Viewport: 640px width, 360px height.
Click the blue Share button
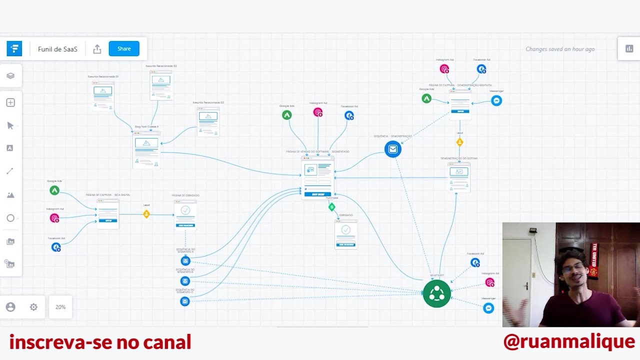tap(124, 48)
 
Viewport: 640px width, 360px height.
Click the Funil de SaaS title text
tap(57, 49)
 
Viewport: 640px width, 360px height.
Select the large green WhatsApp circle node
tap(436, 293)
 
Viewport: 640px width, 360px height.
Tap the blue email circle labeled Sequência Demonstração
tap(392, 149)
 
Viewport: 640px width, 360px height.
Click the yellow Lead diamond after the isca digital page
tap(146, 214)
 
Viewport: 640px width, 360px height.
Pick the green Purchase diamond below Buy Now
tap(331, 206)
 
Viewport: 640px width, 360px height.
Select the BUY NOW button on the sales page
tap(318, 194)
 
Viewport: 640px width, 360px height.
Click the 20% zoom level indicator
tap(60, 307)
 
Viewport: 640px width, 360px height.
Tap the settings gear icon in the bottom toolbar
tap(33, 307)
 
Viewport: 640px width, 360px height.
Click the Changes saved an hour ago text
tap(559, 49)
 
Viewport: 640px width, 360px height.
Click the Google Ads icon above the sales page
tap(286, 115)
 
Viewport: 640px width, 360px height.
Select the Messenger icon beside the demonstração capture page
tap(496, 100)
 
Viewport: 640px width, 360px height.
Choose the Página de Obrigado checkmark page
tap(185, 214)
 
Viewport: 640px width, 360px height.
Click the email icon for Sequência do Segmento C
tap(185, 301)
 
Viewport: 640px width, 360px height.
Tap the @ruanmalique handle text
tap(569, 342)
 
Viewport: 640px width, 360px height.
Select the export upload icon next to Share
tap(97, 49)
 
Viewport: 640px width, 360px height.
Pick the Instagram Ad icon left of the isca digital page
tap(54, 218)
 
